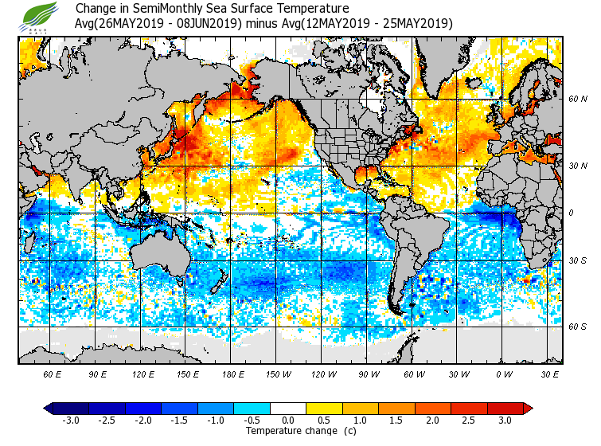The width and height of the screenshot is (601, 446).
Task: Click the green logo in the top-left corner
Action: (x=41, y=15)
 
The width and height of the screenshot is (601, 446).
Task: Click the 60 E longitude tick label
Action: (x=53, y=374)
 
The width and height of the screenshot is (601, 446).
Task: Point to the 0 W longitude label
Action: (x=503, y=374)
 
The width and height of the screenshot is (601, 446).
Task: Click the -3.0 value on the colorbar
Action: (x=71, y=421)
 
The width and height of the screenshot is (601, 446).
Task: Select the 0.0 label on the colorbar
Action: (x=288, y=421)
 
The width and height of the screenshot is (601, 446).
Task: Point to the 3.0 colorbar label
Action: (x=505, y=421)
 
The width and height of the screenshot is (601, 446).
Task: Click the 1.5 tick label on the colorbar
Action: (x=396, y=421)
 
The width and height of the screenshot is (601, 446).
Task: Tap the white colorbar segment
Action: (x=288, y=409)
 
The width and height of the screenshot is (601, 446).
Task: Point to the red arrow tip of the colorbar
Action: (x=529, y=409)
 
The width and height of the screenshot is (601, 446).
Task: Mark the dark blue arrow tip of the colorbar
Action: (x=48, y=409)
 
